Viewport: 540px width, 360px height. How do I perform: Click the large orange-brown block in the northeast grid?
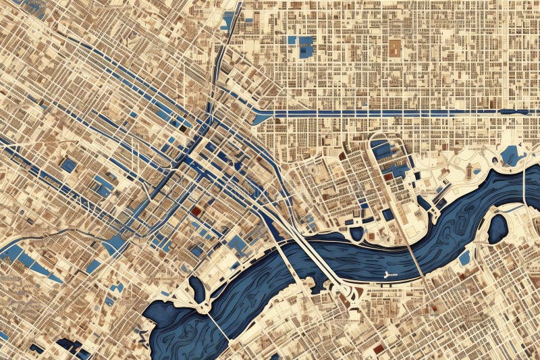[x=394, y=47]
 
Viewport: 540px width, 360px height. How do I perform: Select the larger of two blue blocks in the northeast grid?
[x=306, y=47]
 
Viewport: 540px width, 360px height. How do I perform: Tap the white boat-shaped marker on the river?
[x=388, y=274]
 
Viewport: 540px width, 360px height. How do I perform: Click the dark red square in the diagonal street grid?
[x=196, y=211]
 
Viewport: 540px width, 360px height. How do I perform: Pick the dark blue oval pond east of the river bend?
[x=497, y=228]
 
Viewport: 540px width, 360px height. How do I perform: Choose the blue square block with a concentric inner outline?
[x=68, y=164]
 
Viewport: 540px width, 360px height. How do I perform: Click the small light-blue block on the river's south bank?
[x=464, y=257]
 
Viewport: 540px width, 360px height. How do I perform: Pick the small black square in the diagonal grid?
[x=182, y=126]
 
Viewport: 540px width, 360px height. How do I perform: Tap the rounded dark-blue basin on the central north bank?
[x=356, y=233]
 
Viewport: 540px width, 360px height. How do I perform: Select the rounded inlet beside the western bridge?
[x=197, y=289]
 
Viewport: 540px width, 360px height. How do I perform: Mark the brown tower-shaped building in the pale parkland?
[x=468, y=172]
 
